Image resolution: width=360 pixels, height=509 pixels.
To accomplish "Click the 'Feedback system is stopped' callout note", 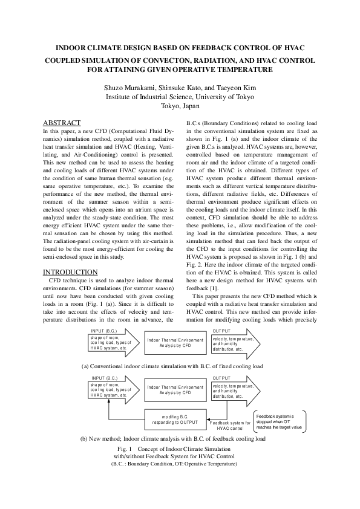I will click(x=279, y=422).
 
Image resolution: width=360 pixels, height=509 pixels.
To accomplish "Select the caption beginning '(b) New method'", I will click(x=172, y=439).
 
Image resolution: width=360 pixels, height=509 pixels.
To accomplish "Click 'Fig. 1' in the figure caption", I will click(x=126, y=449).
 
